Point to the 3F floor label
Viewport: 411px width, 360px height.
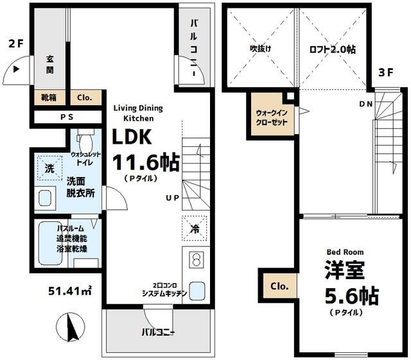(385, 73)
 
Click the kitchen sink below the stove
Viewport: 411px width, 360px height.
(196, 291)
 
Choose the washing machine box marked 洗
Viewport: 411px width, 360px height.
(49, 169)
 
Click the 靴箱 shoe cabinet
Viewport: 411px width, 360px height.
(49, 98)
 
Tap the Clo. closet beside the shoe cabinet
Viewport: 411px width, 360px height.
(85, 98)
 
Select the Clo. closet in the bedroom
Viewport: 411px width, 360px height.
(278, 286)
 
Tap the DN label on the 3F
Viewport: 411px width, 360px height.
(365, 104)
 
